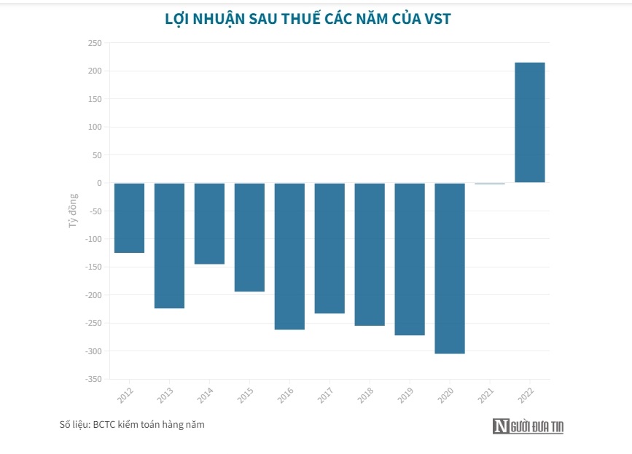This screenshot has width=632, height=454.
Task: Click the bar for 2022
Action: pos(530,122)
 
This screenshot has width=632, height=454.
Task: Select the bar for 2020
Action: pos(450,268)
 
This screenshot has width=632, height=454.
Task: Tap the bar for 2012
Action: pos(129,218)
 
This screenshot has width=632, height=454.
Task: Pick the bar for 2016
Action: pos(289,256)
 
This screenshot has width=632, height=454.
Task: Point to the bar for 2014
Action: pos(209,223)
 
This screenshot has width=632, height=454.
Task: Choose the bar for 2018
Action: pos(370,254)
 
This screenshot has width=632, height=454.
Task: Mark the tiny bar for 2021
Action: pos(490,184)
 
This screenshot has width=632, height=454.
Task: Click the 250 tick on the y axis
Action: pos(94,43)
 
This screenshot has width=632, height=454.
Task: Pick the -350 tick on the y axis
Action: pos(93,379)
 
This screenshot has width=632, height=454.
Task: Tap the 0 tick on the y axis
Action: pos(98,183)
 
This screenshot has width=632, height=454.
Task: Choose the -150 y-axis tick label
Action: pos(93,267)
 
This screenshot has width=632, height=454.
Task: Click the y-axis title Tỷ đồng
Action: pos(73,211)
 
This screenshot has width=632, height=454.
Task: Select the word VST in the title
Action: pos(437,19)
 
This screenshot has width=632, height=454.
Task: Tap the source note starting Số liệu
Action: pos(132,424)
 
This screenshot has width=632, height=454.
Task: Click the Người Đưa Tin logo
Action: pos(528,426)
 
